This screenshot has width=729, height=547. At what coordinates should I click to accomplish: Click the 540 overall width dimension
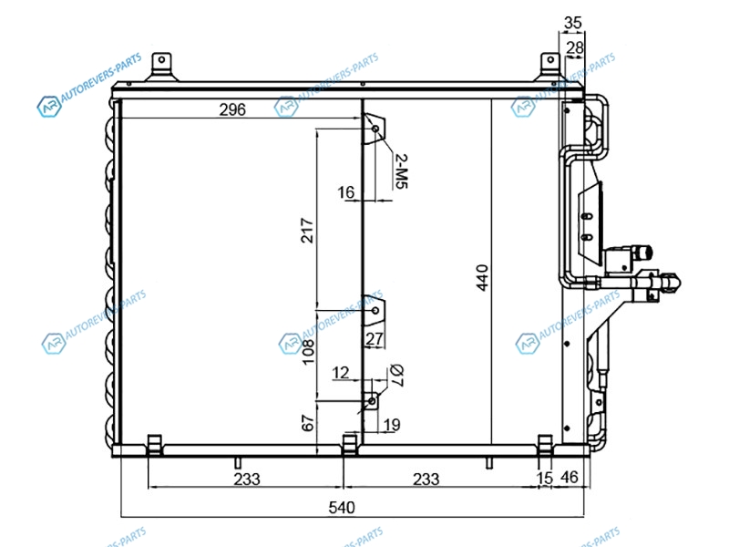click(x=342, y=507)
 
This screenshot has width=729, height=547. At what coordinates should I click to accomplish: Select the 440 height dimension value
click(x=483, y=278)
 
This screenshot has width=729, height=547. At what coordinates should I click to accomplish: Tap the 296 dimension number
click(x=232, y=109)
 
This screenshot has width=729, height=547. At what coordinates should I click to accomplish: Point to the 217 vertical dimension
click(x=307, y=231)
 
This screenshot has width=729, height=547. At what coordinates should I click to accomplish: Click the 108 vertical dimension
click(x=308, y=352)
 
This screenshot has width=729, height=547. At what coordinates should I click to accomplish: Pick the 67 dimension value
click(x=308, y=423)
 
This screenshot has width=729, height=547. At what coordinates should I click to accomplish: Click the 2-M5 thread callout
click(x=401, y=171)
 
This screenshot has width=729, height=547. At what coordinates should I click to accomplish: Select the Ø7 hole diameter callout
click(x=396, y=376)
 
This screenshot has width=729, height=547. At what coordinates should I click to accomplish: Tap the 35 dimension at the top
click(x=573, y=22)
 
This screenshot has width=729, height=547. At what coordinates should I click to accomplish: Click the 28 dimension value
click(x=575, y=47)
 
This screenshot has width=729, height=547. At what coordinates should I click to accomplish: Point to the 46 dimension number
click(x=569, y=477)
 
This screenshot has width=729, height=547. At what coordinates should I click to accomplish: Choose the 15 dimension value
click(x=544, y=478)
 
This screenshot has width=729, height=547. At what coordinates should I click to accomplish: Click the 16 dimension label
click(x=346, y=192)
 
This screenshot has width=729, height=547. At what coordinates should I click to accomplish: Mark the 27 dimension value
click(x=375, y=339)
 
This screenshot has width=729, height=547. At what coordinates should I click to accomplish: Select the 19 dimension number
click(x=392, y=424)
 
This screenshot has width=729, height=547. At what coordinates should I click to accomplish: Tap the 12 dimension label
click(x=340, y=373)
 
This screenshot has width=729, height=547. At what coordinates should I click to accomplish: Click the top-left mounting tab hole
click(x=161, y=59)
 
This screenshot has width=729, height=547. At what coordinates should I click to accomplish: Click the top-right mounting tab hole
click(x=550, y=59)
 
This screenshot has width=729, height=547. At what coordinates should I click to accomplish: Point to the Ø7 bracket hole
click(x=372, y=400)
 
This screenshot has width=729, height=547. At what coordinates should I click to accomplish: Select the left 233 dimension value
click(x=247, y=480)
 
